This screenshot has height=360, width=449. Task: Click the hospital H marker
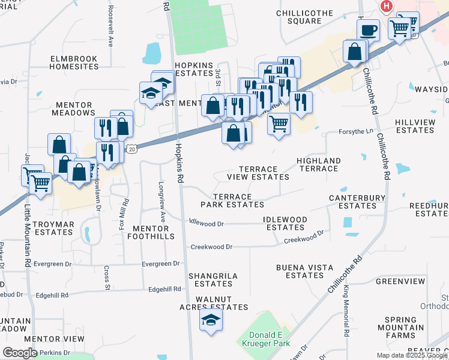(387, 6)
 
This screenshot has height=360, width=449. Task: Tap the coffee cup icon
(367, 29)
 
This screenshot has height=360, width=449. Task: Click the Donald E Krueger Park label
(270, 338)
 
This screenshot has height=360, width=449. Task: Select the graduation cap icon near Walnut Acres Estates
(211, 320)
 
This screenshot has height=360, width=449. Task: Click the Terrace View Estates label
(258, 173)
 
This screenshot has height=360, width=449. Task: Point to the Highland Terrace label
(319, 164)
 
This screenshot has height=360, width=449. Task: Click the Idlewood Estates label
(285, 223)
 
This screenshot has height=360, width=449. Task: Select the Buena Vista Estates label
(304, 271)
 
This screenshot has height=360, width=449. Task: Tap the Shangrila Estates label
(213, 280)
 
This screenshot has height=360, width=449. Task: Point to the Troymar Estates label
(53, 228)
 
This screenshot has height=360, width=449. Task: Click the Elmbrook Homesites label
(74, 63)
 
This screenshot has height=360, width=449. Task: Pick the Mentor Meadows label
(73, 109)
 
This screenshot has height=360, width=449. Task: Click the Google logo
(20, 352)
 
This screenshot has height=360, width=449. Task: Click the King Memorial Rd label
(346, 312)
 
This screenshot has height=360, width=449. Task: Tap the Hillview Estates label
(415, 126)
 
